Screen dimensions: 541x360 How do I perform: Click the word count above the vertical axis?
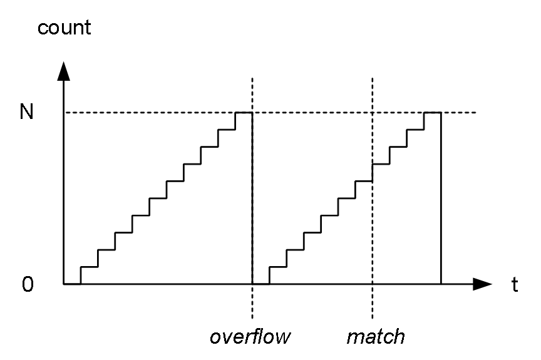tap(64, 28)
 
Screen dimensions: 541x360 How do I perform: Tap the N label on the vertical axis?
tap(26, 111)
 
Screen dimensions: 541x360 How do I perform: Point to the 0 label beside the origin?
tap(28, 284)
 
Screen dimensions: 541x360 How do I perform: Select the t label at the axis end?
tap(515, 285)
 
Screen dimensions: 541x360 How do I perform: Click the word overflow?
tap(250, 337)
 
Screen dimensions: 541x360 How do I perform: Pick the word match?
tap(376, 337)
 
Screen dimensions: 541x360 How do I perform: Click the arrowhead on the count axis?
tap(63, 71)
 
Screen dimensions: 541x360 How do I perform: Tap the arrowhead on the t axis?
tap(482, 284)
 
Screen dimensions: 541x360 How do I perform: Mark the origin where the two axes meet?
tap(63, 284)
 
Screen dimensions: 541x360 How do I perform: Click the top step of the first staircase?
tap(244, 113)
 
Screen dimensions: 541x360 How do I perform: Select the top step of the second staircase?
tap(433, 113)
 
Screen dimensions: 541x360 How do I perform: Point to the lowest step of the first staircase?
tap(90, 267)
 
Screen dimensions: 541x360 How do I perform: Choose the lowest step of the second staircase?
tap(278, 267)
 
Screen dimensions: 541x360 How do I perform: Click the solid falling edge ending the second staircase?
tap(441, 198)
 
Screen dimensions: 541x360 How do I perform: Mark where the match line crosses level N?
tap(373, 113)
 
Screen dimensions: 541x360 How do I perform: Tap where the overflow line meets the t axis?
tap(252, 284)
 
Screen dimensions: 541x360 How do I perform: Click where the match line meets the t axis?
tap(373, 284)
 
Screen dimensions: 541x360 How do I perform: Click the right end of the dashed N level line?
tap(476, 113)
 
